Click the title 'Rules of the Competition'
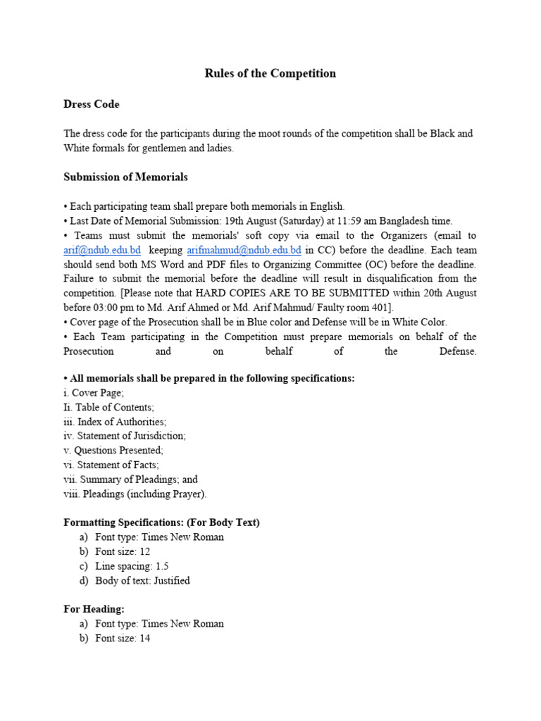[x=270, y=73]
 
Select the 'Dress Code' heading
[x=92, y=104]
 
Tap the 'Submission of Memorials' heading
[x=125, y=177]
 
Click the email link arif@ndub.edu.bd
[x=102, y=250]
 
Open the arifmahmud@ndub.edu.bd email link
[x=244, y=250]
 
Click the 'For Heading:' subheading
[x=94, y=609]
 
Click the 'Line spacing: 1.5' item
[x=132, y=566]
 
